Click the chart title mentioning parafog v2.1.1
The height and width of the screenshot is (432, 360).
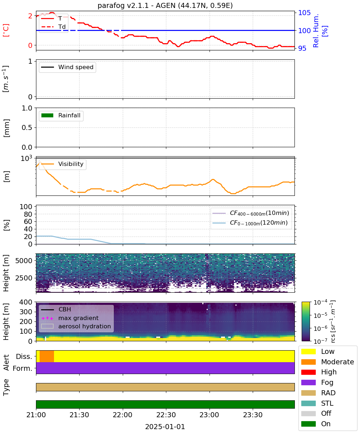165,5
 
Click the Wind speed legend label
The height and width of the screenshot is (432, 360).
76,67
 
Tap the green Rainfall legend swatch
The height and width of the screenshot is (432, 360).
48,116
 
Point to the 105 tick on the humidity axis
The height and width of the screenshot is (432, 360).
304,13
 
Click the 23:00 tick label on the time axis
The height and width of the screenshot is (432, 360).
210,415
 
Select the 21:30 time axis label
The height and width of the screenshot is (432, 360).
79,415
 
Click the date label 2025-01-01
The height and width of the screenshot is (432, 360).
165,427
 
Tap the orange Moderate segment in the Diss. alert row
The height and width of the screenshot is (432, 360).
47,356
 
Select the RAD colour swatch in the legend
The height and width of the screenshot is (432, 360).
308,393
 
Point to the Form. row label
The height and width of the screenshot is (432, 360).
23,368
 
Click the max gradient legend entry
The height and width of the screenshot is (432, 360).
70,318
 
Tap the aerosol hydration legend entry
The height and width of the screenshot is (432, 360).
76,326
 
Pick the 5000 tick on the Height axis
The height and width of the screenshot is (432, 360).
24,261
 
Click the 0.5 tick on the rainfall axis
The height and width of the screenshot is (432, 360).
27,128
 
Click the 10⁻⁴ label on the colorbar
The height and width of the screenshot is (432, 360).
320,302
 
